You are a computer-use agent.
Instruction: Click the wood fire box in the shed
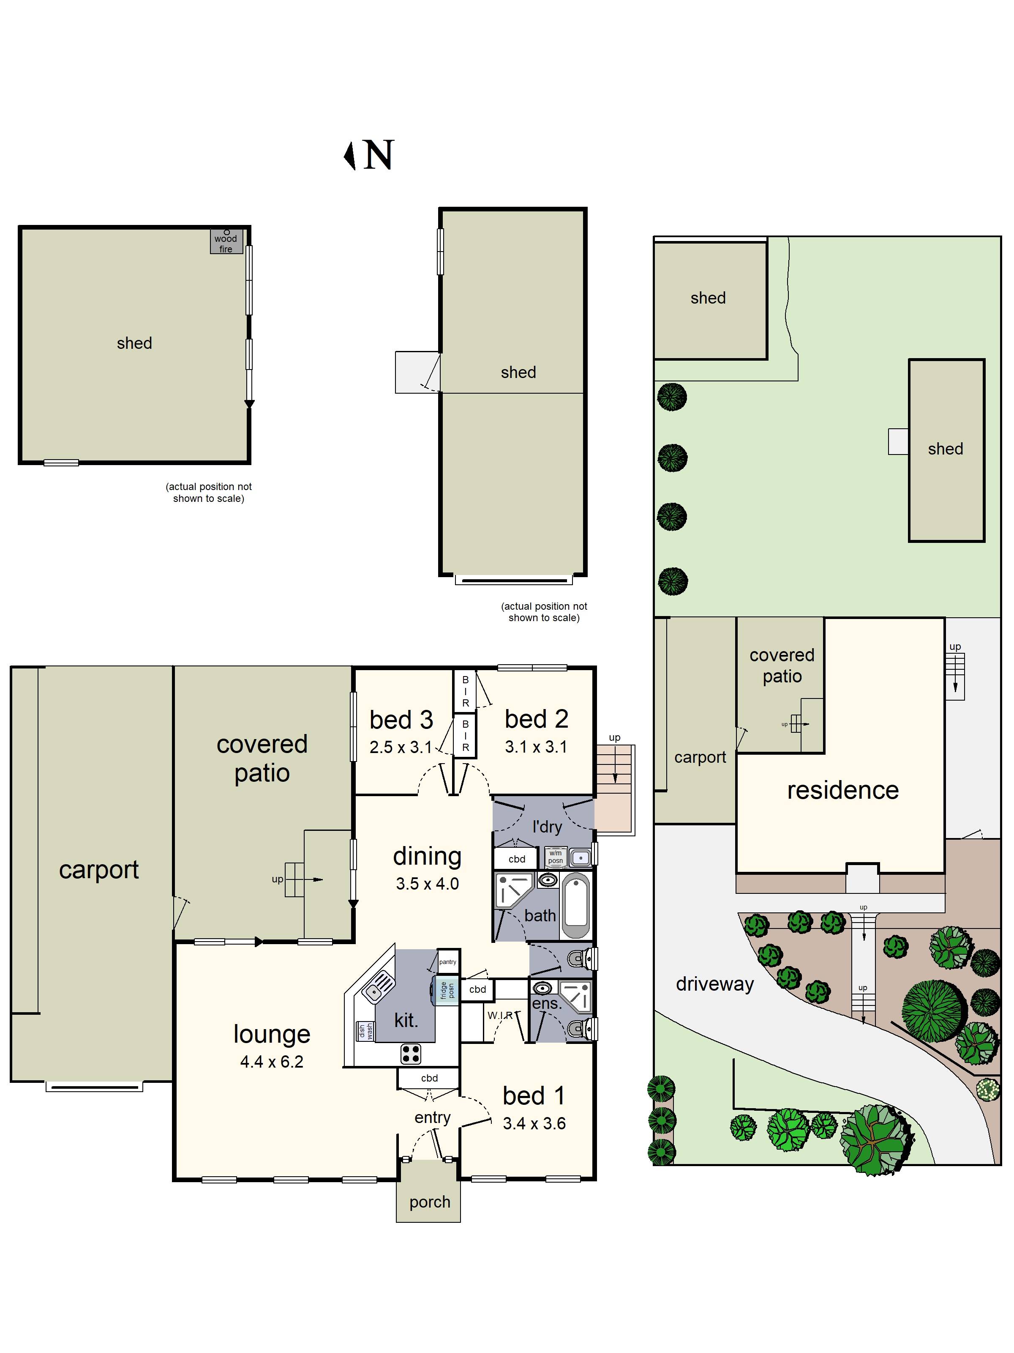coord(226,241)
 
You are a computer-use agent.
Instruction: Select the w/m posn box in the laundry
coord(556,857)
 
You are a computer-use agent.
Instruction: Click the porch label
coord(430,1202)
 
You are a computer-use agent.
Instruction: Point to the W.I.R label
coord(500,1015)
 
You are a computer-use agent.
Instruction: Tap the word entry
coord(432,1117)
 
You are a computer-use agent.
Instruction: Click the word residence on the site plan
coord(843,790)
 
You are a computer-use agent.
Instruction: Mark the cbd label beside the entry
coord(429,1078)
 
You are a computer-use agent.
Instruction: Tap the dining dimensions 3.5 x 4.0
coord(427,883)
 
